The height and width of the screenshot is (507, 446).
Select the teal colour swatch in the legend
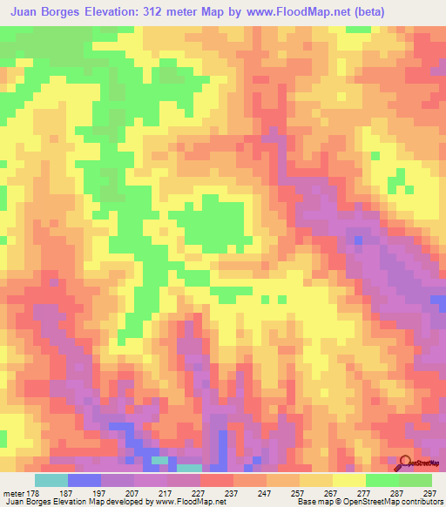pos(51,481)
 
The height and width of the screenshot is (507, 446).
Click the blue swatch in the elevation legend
pos(84,481)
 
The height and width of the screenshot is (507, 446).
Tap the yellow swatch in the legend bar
pos(349,481)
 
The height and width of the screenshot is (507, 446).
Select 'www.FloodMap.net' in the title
pos(299,12)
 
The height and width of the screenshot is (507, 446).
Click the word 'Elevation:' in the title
pos(118,12)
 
